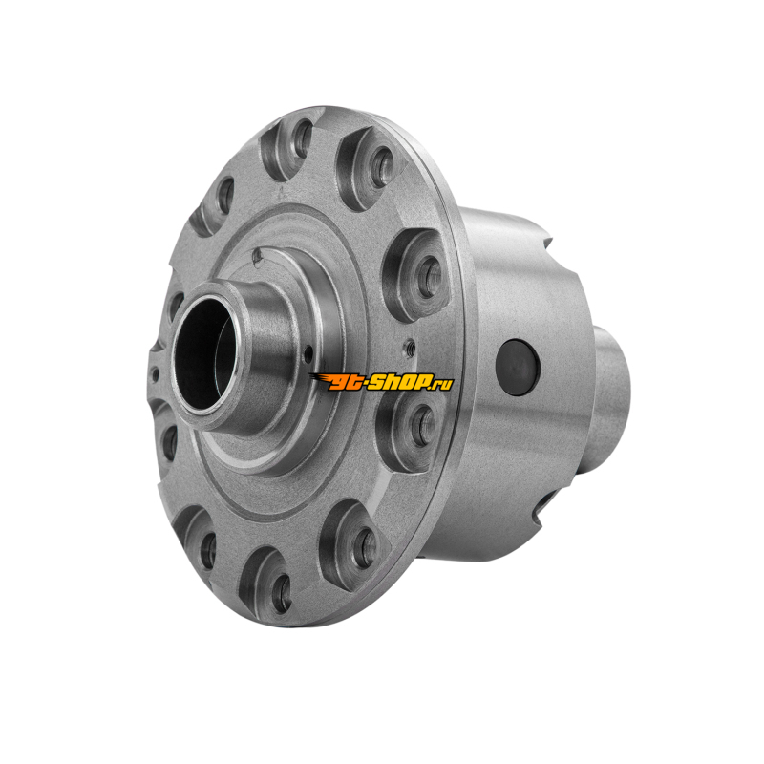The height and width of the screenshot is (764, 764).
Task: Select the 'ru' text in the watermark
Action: (443, 384)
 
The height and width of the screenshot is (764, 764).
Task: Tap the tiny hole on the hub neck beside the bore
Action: (308, 354)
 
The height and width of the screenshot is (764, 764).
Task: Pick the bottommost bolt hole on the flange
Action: (282, 594)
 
